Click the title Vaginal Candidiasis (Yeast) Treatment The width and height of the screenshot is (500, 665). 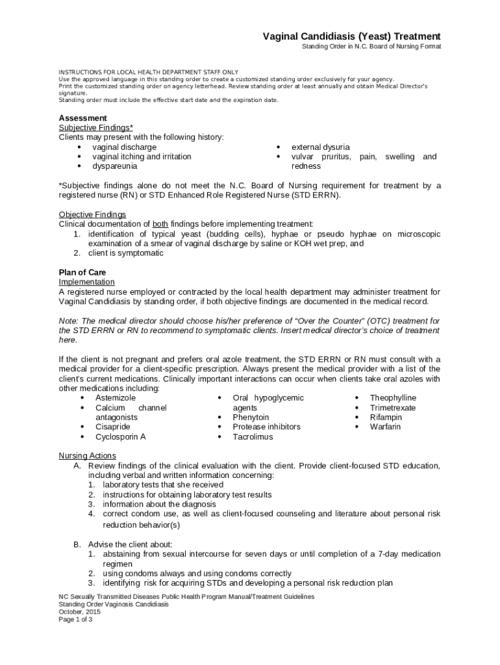(351, 36)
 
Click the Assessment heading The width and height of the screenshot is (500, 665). (82, 118)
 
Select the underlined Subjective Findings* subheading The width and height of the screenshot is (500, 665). (96, 127)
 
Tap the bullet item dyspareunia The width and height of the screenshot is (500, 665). (114, 166)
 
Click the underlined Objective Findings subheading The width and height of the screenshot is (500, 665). (92, 214)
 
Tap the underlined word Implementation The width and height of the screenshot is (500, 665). (86, 282)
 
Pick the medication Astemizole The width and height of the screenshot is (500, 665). (116, 397)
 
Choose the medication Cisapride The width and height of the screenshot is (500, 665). (112, 427)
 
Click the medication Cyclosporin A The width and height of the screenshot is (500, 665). (120, 436)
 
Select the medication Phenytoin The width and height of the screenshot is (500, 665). (251, 417)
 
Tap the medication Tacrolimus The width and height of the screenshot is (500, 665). (253, 436)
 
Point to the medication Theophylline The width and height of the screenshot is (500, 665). (393, 397)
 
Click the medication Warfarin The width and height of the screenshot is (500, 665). (385, 427)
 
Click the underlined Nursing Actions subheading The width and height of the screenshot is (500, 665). (88, 455)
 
